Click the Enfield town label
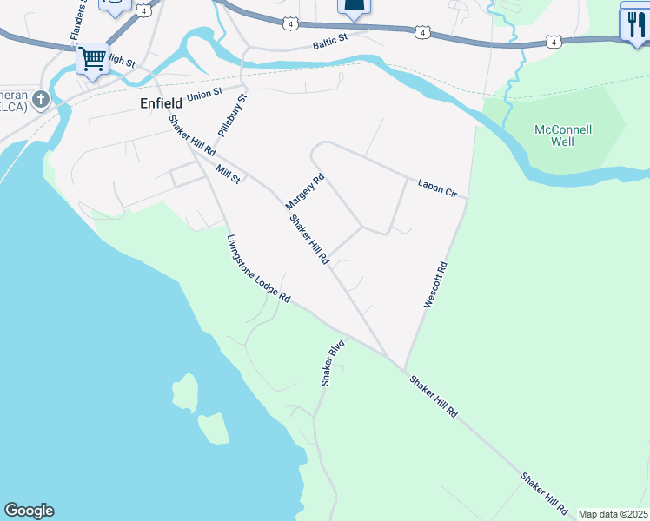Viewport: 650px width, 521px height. click(x=161, y=102)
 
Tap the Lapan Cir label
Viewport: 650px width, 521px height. click(x=436, y=188)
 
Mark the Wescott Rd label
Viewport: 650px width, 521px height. click(x=435, y=285)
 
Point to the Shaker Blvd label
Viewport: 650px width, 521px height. click(x=333, y=362)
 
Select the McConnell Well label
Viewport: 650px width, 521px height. click(x=563, y=135)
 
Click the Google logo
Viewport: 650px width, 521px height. click(x=29, y=511)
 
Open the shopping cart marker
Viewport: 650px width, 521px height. click(x=92, y=60)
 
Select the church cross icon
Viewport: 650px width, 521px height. click(x=39, y=102)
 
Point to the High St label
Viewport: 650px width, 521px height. click(x=123, y=62)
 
